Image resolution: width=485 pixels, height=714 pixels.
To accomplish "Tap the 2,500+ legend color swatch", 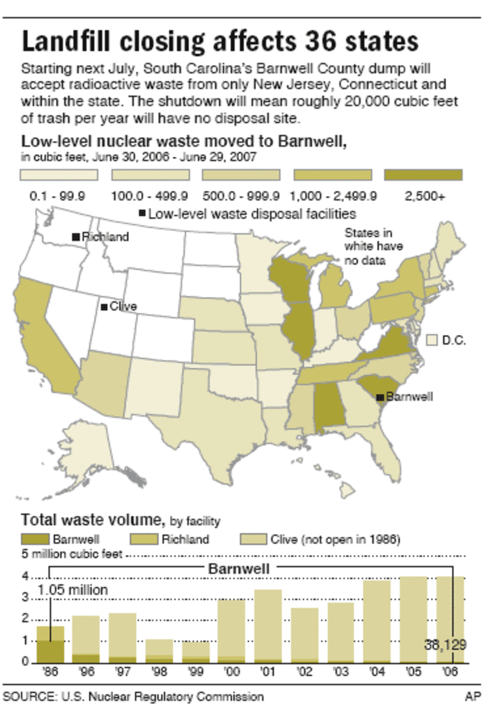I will (423, 175).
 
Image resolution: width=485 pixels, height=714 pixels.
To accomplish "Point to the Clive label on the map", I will (123, 307).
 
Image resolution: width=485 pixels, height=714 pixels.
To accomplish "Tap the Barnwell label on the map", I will (409, 397).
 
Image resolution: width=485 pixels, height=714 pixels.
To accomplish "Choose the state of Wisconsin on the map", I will (291, 281).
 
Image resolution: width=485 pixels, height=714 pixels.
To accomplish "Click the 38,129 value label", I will (445, 645).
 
